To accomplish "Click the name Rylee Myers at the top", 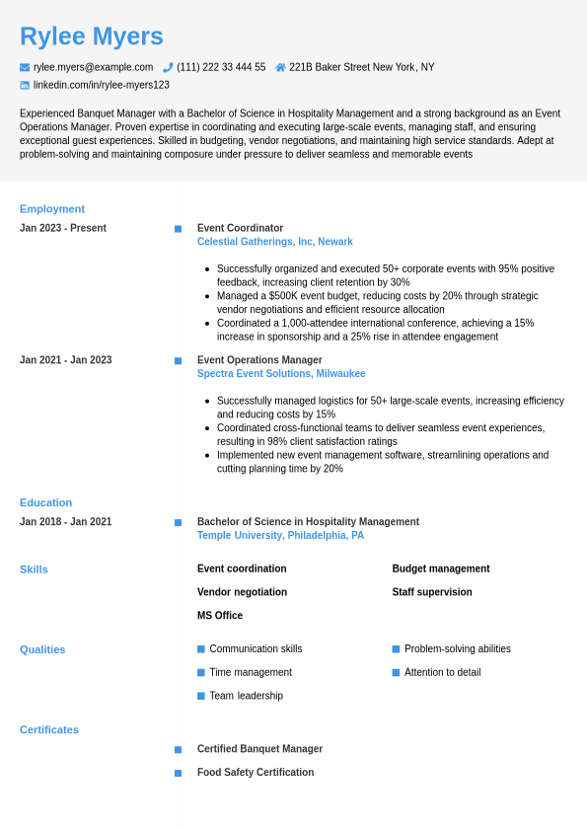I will (x=92, y=37).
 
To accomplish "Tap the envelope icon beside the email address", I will (x=25, y=67).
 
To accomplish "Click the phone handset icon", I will (x=168, y=67).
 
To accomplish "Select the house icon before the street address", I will (x=280, y=67).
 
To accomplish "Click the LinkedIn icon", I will (x=25, y=85).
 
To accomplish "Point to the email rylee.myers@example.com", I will (x=93, y=67).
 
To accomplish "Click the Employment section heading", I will (x=52, y=209).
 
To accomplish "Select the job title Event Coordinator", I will (x=240, y=228).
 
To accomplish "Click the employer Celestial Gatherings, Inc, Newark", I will (x=274, y=242).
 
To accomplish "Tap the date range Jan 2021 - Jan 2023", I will (x=65, y=360).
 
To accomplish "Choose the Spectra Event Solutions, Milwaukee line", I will (x=281, y=374).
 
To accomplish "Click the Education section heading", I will (x=45, y=502).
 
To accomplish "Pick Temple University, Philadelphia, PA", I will (x=280, y=535).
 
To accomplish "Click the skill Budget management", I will (x=440, y=568).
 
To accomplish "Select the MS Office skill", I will (x=220, y=616).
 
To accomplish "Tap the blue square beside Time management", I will (x=201, y=672).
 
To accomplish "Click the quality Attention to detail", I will (x=442, y=672).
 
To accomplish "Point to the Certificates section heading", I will (x=49, y=730).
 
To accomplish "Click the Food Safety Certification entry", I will (x=256, y=773).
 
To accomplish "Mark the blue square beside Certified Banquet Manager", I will (x=179, y=750).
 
